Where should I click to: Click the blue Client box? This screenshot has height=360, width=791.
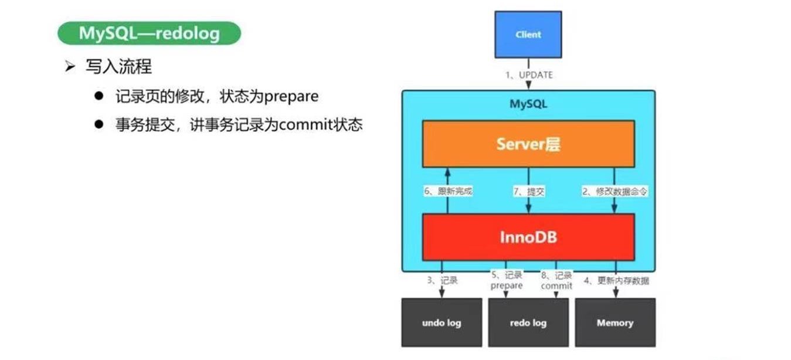pyautogui.click(x=528, y=35)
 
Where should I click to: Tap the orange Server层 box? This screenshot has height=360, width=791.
pyautogui.click(x=528, y=144)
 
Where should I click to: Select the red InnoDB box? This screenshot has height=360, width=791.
pyautogui.click(x=528, y=237)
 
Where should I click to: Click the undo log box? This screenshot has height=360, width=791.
pyautogui.click(x=442, y=322)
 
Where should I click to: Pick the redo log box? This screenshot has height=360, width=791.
pyautogui.click(x=528, y=322)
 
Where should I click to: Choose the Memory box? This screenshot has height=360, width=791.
pyautogui.click(x=615, y=322)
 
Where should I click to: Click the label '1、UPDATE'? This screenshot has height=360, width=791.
pyautogui.click(x=528, y=75)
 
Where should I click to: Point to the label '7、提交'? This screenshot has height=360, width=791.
pyautogui.click(x=528, y=191)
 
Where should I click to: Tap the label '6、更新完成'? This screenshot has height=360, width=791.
pyautogui.click(x=448, y=191)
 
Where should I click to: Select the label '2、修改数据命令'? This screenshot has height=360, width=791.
pyautogui.click(x=614, y=191)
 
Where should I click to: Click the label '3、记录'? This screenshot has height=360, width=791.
pyautogui.click(x=442, y=280)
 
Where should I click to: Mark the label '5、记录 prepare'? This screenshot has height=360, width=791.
pyautogui.click(x=506, y=280)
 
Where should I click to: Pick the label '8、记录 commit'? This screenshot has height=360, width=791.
pyautogui.click(x=556, y=280)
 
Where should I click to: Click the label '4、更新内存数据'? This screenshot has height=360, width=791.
pyautogui.click(x=615, y=280)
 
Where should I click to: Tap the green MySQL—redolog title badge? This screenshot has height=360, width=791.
pyautogui.click(x=149, y=33)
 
